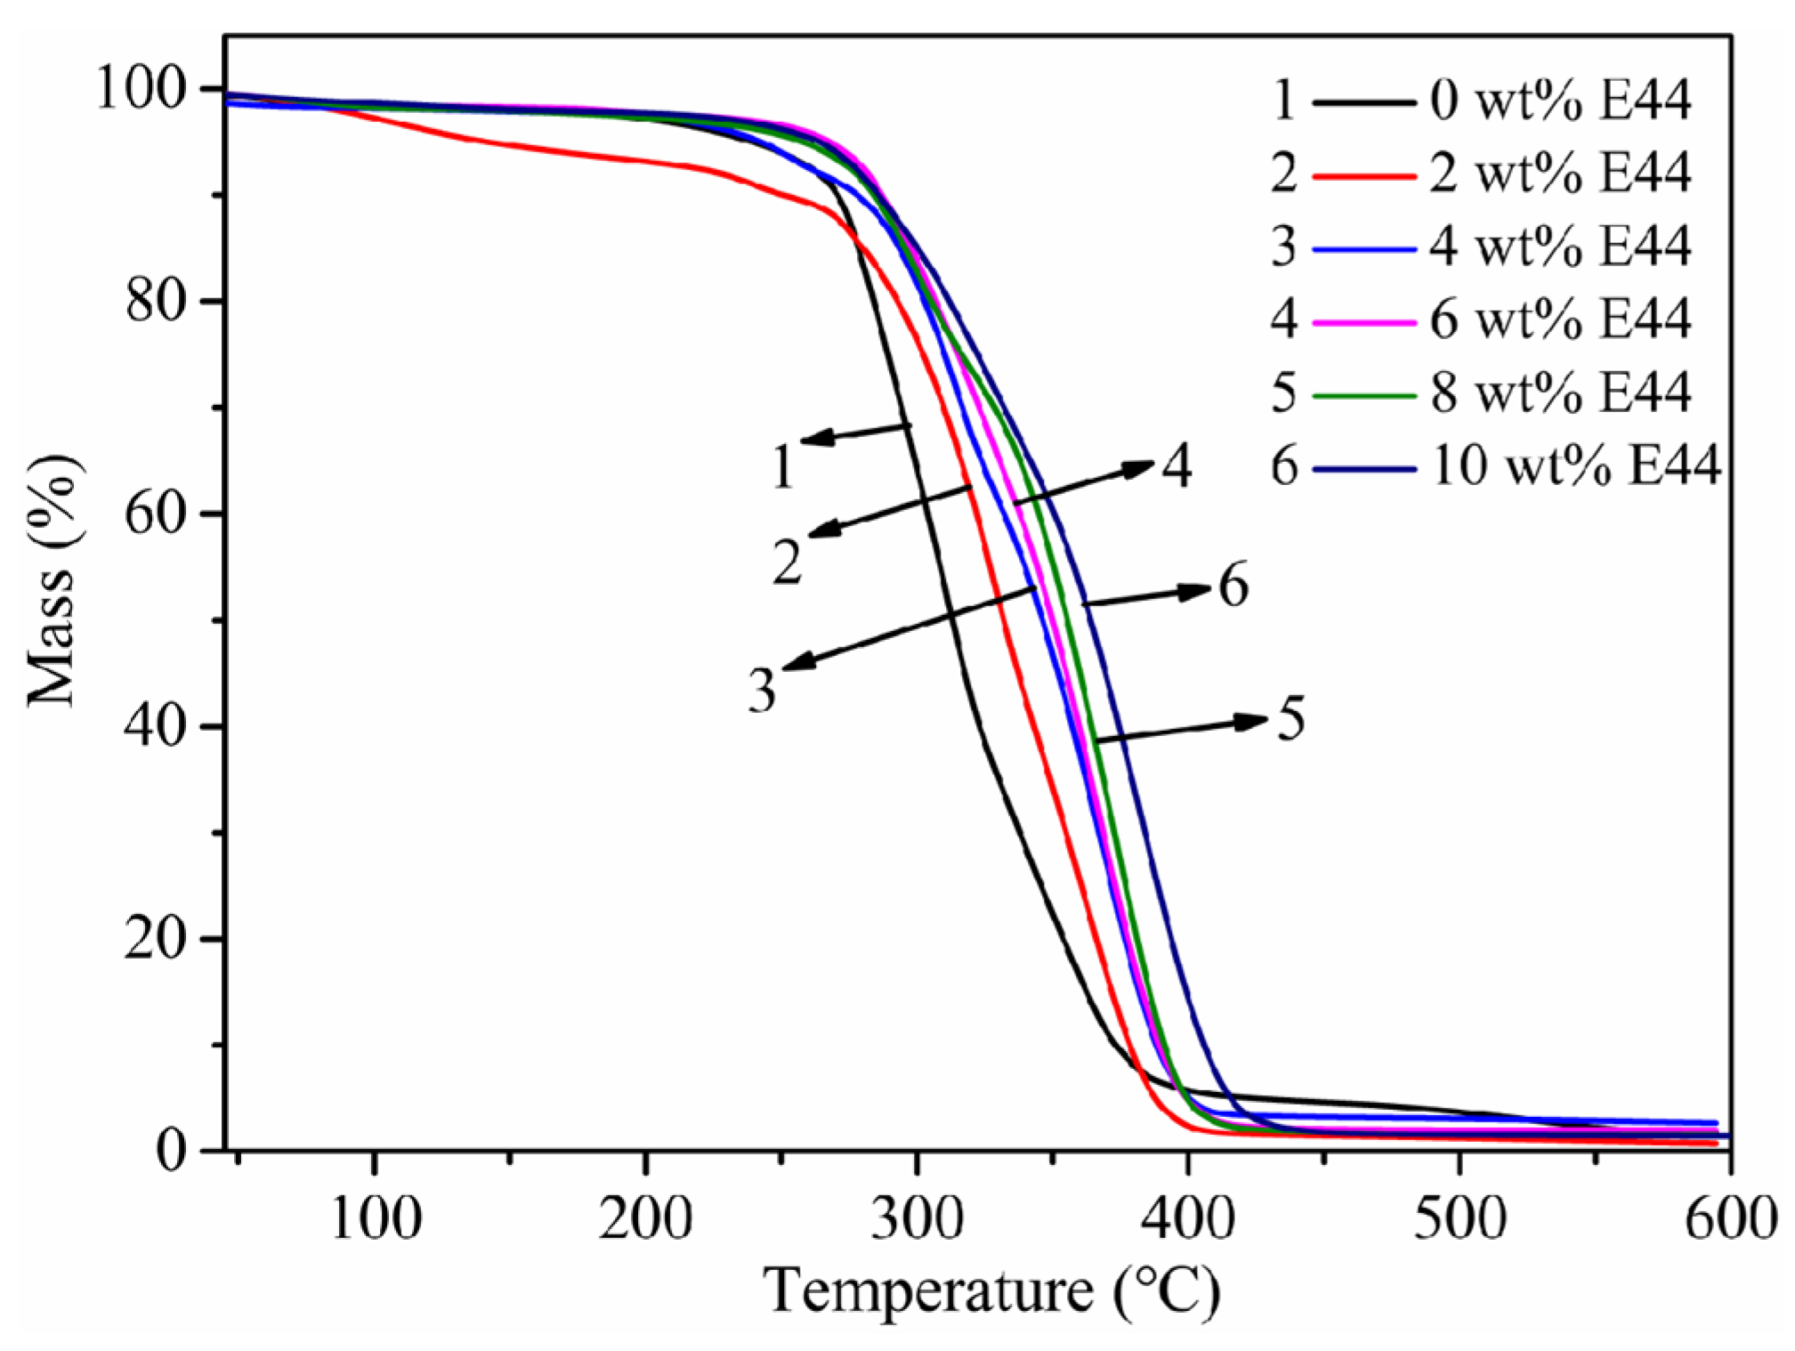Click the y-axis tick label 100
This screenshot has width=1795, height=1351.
(142, 90)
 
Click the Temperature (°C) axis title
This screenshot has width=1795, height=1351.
(991, 1290)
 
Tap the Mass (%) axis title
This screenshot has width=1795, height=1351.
(55, 583)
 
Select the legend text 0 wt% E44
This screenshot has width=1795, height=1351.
(1560, 101)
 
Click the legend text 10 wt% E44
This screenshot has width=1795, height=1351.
(1575, 465)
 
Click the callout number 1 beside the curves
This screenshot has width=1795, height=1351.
(782, 467)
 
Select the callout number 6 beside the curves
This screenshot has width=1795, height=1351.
(1233, 586)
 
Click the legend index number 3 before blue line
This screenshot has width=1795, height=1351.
(1283, 247)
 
